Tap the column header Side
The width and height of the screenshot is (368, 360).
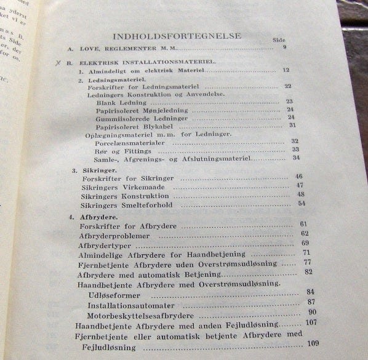[279, 40]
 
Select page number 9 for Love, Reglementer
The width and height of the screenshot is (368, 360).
[284, 47]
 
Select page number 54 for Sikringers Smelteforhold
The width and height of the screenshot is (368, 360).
[302, 203]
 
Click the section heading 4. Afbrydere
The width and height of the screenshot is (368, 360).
[92, 217]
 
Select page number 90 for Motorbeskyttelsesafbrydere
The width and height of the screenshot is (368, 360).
[311, 313]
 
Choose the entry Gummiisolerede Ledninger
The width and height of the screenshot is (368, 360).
[137, 118]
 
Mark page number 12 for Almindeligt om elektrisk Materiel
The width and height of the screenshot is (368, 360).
[286, 70]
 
